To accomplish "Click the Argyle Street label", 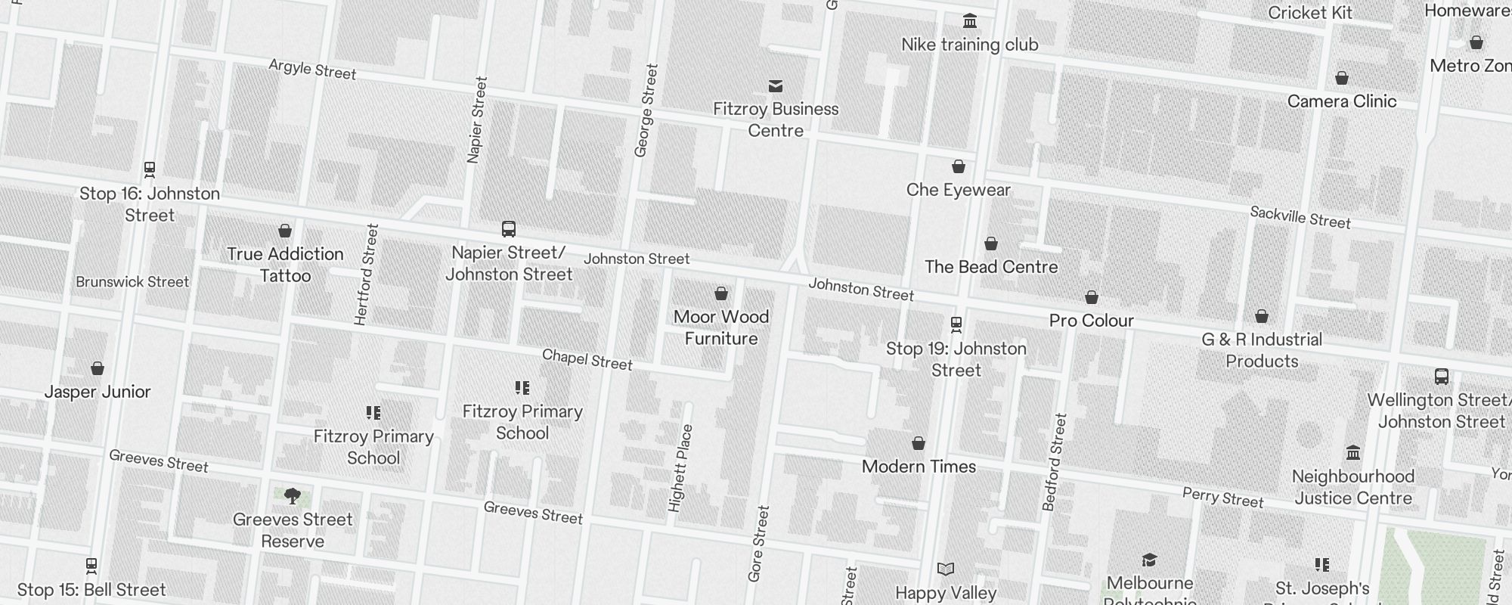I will point(312,70).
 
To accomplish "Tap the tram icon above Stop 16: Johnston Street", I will point(150,169).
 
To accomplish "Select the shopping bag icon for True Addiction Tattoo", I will point(285,230).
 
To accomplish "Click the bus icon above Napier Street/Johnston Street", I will point(509,228).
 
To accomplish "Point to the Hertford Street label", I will point(366,275).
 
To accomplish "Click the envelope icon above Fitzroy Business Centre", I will point(776,85).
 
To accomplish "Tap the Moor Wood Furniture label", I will point(720,327).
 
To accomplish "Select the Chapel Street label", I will point(587,359).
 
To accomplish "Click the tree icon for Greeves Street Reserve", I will point(293,496).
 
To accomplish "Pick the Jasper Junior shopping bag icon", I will point(98,368).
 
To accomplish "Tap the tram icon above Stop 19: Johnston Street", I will point(956,324).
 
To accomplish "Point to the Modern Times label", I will point(919,467).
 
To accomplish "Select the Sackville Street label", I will point(1300,217).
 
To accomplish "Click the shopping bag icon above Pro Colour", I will point(1092,297).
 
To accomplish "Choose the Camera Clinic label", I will point(1341,101).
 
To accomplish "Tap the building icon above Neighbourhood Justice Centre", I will point(1353,452).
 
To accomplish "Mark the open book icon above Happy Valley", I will point(946,569).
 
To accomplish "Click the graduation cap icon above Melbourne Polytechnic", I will point(1150,560).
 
